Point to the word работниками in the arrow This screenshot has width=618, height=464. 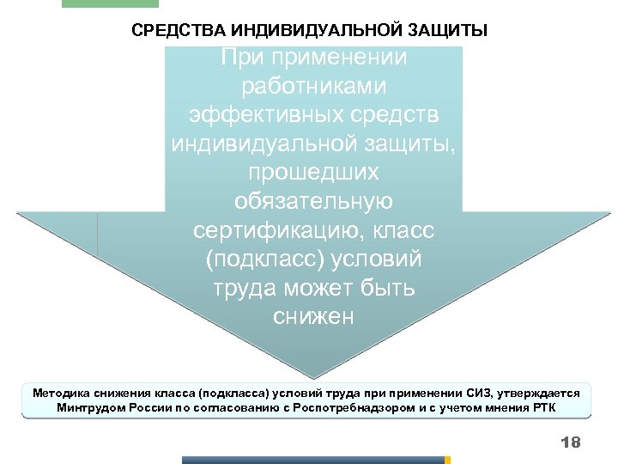(313, 87)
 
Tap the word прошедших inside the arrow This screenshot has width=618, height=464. (313, 173)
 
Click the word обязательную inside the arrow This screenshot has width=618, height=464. (313, 202)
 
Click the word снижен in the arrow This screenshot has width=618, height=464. (313, 317)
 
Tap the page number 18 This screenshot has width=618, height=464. (570, 443)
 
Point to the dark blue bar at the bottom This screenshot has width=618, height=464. (313, 460)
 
